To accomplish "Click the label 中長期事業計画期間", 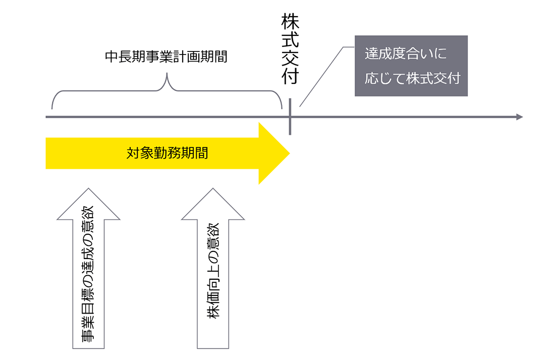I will pyautogui.click(x=166, y=57).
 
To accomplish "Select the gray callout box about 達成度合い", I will pyautogui.click(x=411, y=66).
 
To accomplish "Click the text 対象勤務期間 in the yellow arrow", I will pyautogui.click(x=167, y=153).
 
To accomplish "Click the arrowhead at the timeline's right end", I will pyautogui.click(x=519, y=117).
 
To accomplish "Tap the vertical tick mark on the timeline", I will pyautogui.click(x=290, y=117).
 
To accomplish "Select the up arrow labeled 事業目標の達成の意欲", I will pyautogui.click(x=88, y=273).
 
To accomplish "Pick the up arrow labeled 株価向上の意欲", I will pyautogui.click(x=212, y=273).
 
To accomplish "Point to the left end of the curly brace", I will pyautogui.click(x=52, y=107).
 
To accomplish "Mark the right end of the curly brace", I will pyautogui.click(x=281, y=107).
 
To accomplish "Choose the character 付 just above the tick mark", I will pyautogui.click(x=290, y=76).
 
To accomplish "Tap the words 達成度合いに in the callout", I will pyautogui.click(x=406, y=53).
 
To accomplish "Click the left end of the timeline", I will pyautogui.click(x=47, y=117).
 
